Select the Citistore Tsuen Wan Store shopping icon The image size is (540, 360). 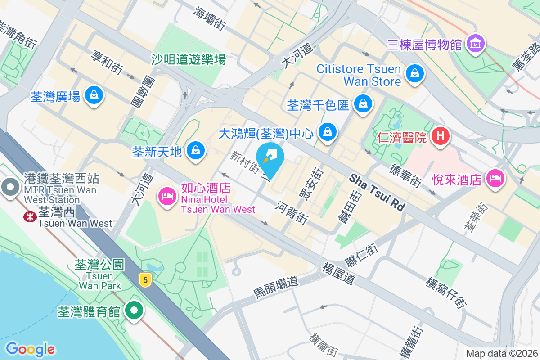[x=414, y=73]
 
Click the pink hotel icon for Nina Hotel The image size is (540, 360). [x=166, y=196]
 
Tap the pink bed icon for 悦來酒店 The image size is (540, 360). [x=495, y=178]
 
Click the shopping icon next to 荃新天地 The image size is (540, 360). [x=196, y=151]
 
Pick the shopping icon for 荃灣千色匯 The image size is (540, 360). [x=362, y=104]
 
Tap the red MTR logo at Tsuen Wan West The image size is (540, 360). [x=30, y=216]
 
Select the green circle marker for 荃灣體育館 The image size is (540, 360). [x=134, y=310]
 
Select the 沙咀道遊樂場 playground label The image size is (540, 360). [x=189, y=58]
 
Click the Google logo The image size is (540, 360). [x=30, y=349]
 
